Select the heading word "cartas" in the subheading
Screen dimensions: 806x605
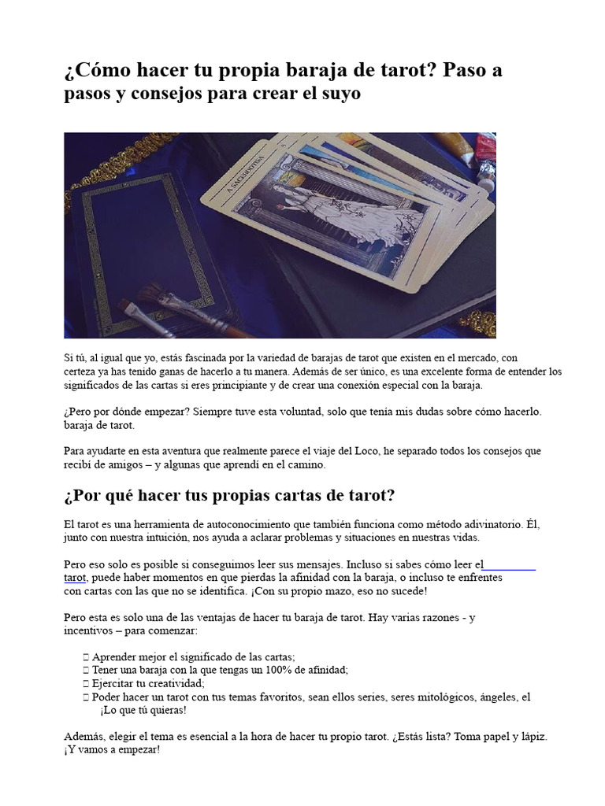(281, 496)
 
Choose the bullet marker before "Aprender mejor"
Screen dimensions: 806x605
(84, 656)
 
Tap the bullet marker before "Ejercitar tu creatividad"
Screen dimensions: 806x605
(84, 683)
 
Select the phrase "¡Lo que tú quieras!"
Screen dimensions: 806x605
(143, 710)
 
